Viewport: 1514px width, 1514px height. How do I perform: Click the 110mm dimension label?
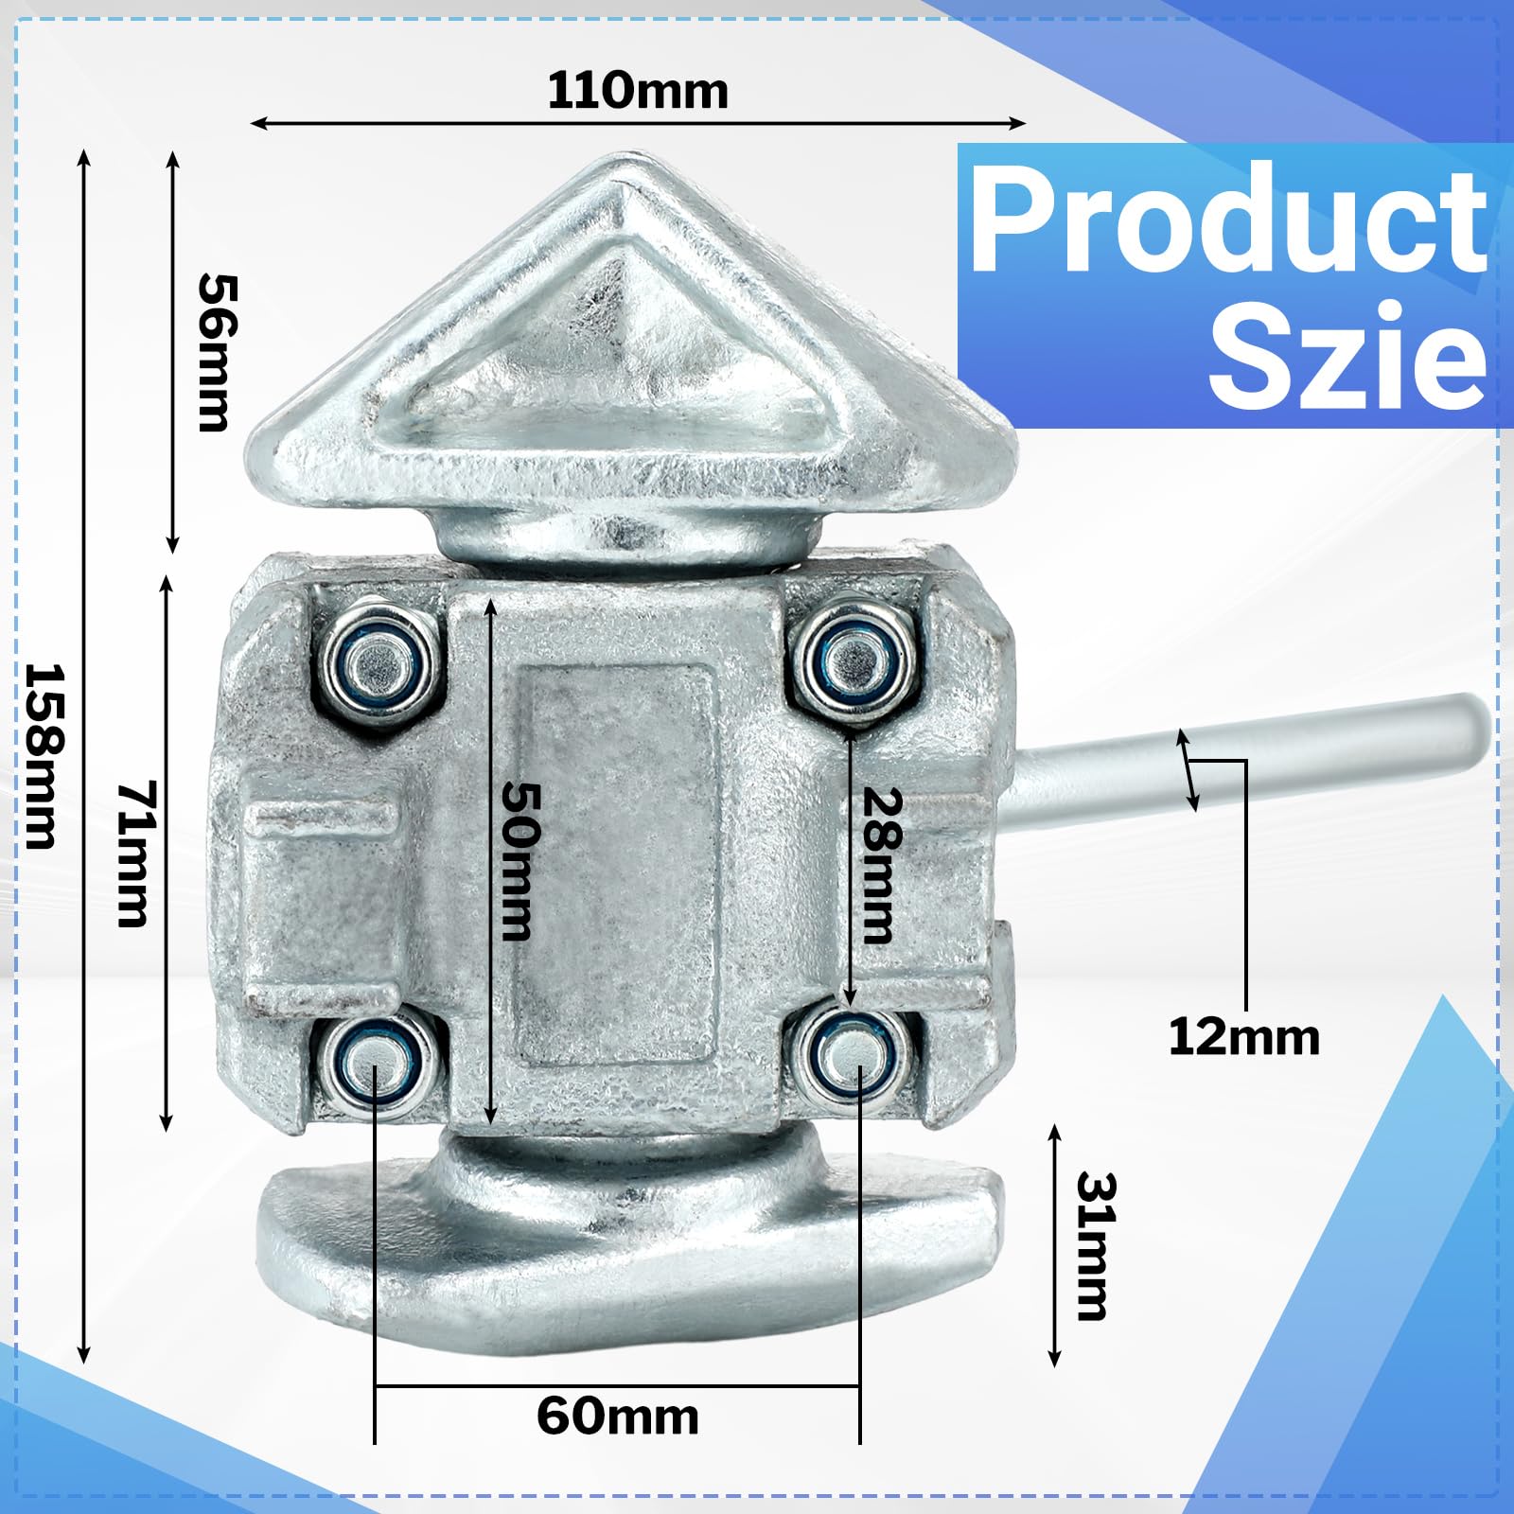tap(638, 91)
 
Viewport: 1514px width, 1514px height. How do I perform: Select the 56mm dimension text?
tap(217, 353)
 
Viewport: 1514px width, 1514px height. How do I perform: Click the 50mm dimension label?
tap(520, 860)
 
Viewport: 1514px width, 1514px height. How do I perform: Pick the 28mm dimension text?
tap(880, 865)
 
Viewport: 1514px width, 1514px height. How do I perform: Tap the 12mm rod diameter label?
tap(1243, 1036)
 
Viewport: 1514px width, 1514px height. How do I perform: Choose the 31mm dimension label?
tap(1096, 1245)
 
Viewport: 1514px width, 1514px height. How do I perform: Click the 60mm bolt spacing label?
tap(617, 1417)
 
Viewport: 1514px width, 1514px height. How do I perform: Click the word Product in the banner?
tap(1228, 220)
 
